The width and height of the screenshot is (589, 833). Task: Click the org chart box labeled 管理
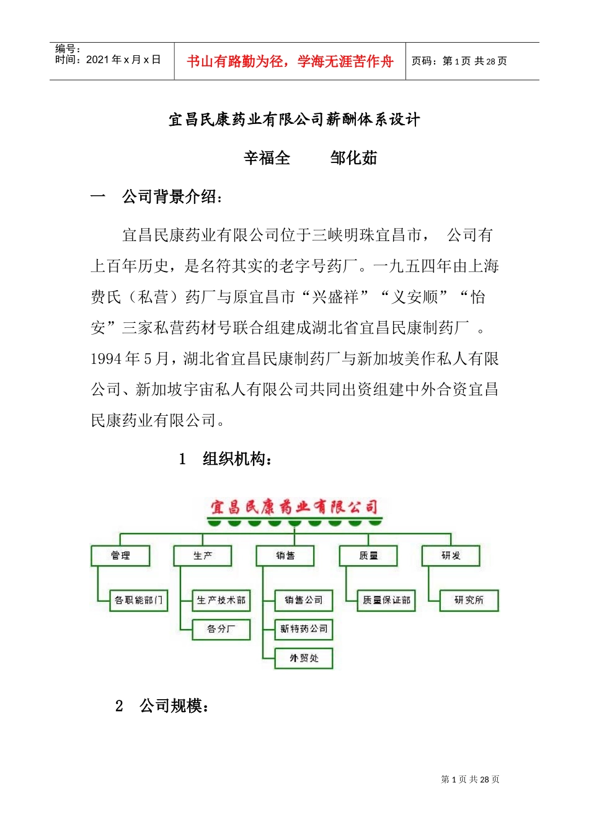point(120,555)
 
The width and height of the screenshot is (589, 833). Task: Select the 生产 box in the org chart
point(203,555)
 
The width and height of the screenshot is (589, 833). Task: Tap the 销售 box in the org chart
point(285,555)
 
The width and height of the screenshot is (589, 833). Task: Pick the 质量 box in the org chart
point(368,555)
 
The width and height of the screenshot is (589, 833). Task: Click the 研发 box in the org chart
point(451,555)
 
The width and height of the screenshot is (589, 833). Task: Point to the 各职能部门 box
point(139,600)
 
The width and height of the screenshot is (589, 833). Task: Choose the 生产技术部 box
point(221,600)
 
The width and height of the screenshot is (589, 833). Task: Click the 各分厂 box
point(221,629)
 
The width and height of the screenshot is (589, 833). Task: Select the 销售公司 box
point(304,600)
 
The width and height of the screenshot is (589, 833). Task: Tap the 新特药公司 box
point(304,629)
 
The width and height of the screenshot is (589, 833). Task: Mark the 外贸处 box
point(304,658)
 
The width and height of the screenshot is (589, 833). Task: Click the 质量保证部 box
point(386,600)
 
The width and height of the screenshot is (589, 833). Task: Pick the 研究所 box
point(469,600)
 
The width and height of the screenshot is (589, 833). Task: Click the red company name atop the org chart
point(294,508)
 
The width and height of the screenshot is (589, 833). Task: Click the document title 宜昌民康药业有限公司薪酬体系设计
point(294,120)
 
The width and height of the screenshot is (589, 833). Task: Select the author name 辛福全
point(267,158)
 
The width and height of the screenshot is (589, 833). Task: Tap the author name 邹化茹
point(353,158)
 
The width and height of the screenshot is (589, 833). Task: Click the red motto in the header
point(290,61)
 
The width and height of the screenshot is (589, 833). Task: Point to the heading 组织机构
point(237,459)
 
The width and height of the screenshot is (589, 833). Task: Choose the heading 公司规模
point(174,706)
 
